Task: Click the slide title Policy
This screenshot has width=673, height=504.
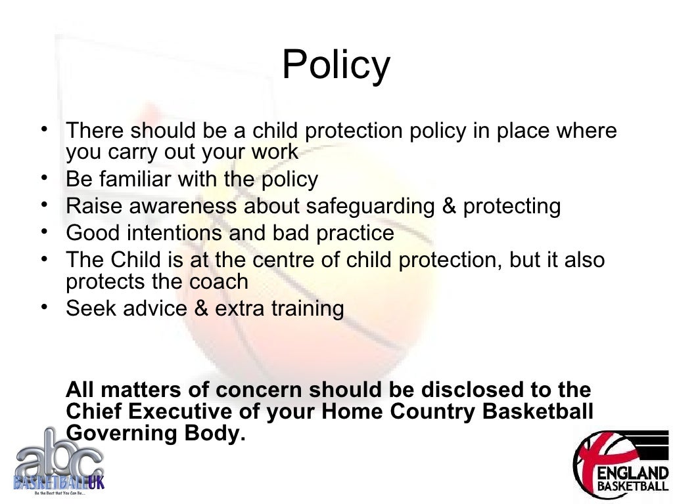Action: click(x=336, y=66)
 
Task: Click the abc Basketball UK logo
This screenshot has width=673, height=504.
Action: click(x=58, y=462)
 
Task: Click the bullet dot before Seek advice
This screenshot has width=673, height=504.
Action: click(x=43, y=307)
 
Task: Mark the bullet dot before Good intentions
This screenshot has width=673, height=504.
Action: click(x=43, y=232)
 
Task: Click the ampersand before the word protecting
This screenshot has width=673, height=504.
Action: click(x=449, y=206)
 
